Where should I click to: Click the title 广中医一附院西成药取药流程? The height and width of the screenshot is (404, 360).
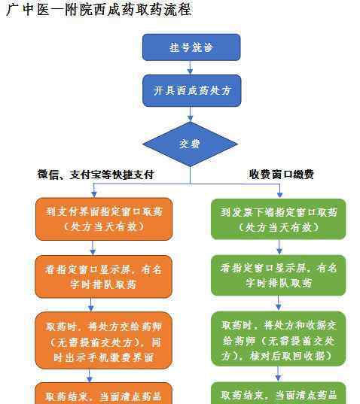click(99, 10)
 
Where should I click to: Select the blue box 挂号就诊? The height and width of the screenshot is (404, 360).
click(191, 47)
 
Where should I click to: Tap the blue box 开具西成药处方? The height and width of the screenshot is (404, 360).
click(191, 90)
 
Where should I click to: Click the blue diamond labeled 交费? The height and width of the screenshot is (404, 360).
click(190, 144)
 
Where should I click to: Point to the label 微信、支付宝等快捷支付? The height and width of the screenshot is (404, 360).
click(96, 175)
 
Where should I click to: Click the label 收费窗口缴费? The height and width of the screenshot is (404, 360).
click(282, 175)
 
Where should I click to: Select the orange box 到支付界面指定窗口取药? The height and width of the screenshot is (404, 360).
click(104, 219)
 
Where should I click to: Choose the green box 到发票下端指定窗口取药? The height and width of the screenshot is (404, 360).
click(278, 219)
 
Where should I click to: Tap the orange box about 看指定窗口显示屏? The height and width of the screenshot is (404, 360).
click(103, 277)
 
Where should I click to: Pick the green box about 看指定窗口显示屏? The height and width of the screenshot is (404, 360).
click(278, 275)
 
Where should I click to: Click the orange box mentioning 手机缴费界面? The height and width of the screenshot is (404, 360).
click(103, 341)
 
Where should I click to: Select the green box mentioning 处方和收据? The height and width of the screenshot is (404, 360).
click(278, 339)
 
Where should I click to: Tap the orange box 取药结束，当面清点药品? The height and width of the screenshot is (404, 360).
click(103, 393)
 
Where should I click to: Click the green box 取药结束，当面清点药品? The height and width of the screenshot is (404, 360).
click(278, 393)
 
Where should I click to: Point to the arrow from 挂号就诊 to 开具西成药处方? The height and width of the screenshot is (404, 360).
click(190, 68)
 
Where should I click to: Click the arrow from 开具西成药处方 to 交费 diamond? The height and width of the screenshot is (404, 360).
click(190, 114)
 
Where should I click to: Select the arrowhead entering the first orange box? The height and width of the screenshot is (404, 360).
click(94, 194)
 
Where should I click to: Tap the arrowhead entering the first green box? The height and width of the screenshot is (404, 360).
click(279, 194)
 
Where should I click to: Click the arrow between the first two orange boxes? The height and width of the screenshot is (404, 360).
click(93, 248)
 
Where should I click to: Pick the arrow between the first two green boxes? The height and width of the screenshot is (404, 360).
click(279, 248)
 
